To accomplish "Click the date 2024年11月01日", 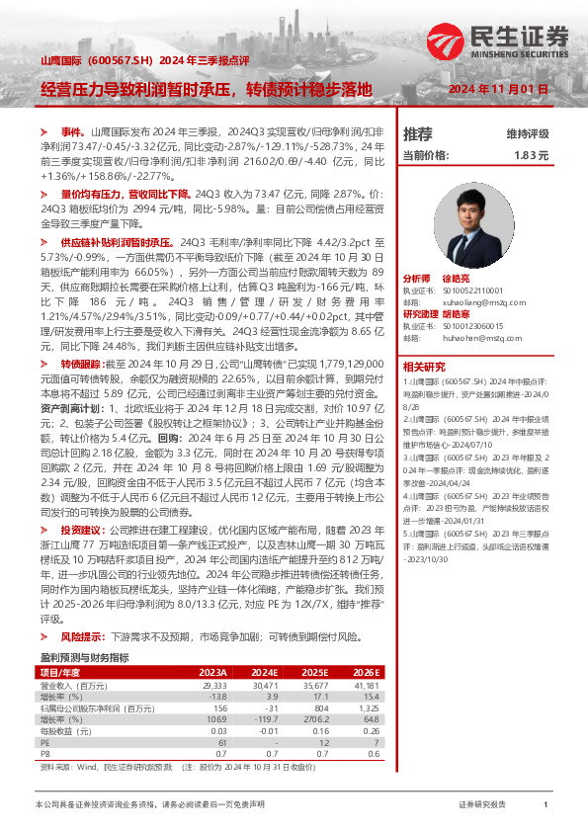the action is [x=497, y=89].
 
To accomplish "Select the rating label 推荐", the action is [x=417, y=133].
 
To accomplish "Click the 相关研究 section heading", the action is [x=422, y=366].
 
